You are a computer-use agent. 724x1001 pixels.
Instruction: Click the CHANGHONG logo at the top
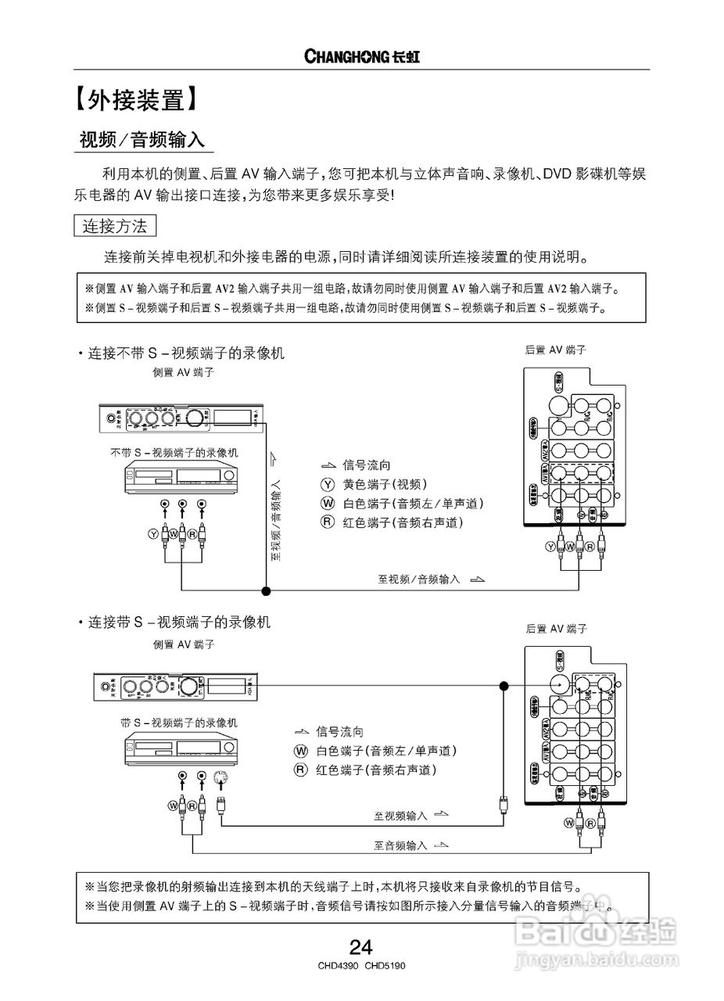(362, 56)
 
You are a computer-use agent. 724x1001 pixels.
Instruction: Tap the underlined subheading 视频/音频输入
(142, 140)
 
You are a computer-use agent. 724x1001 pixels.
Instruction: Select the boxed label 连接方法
(115, 227)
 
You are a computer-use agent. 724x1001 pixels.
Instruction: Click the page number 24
(360, 949)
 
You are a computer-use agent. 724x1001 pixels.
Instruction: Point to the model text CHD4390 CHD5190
(361, 966)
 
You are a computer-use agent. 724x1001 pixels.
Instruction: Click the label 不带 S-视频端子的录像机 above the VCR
(174, 453)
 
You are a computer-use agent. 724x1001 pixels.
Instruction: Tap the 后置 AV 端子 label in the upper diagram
(556, 350)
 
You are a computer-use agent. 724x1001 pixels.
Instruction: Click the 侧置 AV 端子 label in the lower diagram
(184, 644)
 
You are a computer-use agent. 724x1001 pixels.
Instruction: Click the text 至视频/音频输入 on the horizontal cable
(419, 579)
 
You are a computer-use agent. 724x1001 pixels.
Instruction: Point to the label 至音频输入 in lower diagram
(400, 845)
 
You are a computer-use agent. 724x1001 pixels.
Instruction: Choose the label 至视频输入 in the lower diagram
(400, 816)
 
